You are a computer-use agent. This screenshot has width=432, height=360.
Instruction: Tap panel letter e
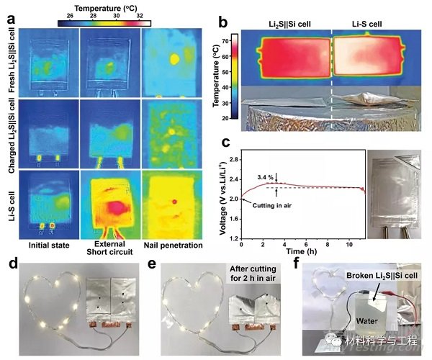click(153, 262)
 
